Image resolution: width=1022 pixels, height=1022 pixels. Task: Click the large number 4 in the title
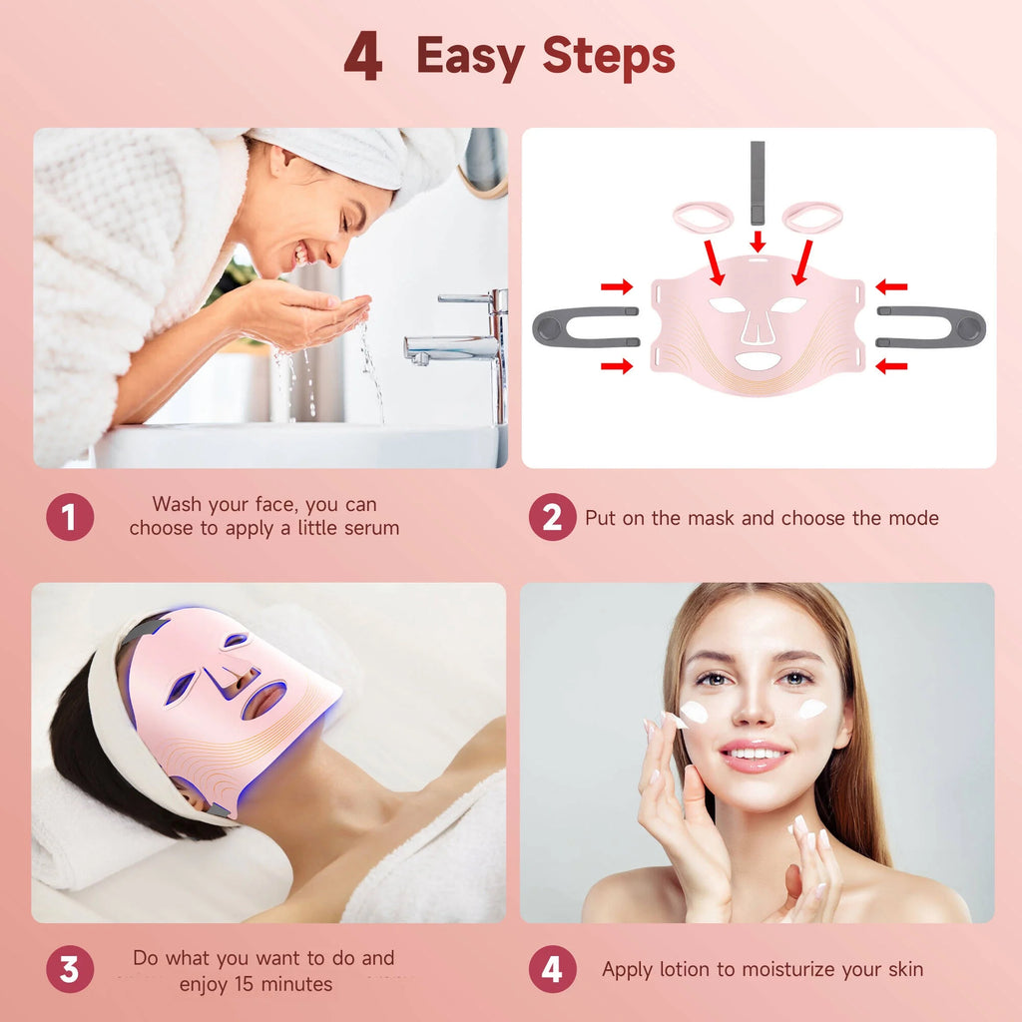(x=362, y=58)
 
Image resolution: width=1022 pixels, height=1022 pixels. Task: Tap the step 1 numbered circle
(x=70, y=517)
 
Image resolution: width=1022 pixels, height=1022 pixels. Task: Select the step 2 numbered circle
(x=552, y=517)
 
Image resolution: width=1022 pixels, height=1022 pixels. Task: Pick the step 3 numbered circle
(x=70, y=969)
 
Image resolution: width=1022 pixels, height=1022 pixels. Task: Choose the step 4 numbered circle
(x=552, y=969)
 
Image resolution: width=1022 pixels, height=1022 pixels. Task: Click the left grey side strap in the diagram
(x=583, y=327)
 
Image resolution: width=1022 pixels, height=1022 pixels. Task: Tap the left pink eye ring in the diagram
(x=702, y=216)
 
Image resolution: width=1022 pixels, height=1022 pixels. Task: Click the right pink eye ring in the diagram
(x=811, y=216)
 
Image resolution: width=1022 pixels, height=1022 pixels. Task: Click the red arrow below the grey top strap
(x=758, y=241)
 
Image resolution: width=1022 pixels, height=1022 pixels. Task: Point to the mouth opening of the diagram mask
(x=758, y=360)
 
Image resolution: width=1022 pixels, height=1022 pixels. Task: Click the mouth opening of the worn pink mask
(x=262, y=699)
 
